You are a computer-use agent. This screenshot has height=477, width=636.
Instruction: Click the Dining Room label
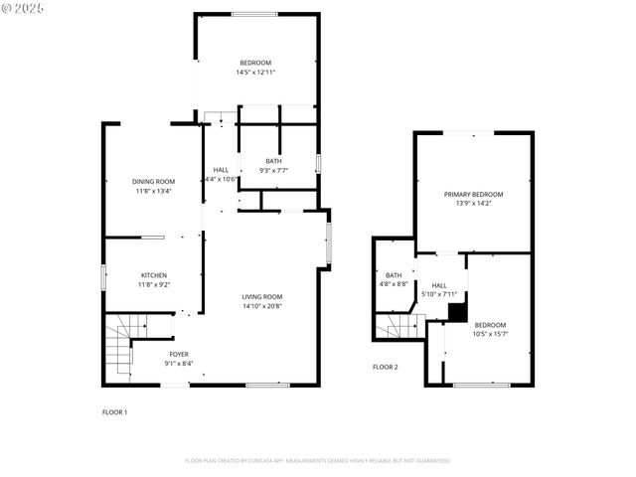[x=153, y=181]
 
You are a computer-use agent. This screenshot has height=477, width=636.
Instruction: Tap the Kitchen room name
[x=153, y=275]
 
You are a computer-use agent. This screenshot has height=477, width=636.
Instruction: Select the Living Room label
[x=262, y=296]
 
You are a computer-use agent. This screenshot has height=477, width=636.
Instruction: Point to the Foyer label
[x=179, y=354]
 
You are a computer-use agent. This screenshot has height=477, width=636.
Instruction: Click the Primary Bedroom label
[x=473, y=194]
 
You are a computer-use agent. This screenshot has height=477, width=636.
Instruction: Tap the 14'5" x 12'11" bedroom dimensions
[x=255, y=73]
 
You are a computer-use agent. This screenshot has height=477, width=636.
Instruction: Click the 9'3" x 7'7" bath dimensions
[x=273, y=170]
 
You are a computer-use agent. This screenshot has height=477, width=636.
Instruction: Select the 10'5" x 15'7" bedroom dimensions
[x=490, y=334]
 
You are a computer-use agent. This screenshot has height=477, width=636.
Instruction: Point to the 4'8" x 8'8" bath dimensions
[x=395, y=284]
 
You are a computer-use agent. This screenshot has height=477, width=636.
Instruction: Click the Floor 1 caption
[x=115, y=411]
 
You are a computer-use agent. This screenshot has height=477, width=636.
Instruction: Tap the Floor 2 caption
[x=385, y=367]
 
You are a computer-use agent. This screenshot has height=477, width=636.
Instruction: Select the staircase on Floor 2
[x=400, y=326]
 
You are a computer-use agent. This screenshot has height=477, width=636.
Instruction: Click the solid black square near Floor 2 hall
[x=457, y=313]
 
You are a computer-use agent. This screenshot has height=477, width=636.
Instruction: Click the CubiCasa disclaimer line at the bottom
[x=318, y=461]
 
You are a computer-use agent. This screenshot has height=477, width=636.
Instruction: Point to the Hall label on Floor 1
[x=221, y=170]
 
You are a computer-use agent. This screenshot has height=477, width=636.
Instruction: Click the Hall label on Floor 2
[x=439, y=285]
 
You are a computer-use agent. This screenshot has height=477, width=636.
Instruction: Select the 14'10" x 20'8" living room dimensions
[x=262, y=306]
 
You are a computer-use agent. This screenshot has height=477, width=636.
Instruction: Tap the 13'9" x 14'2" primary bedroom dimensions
[x=473, y=204]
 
